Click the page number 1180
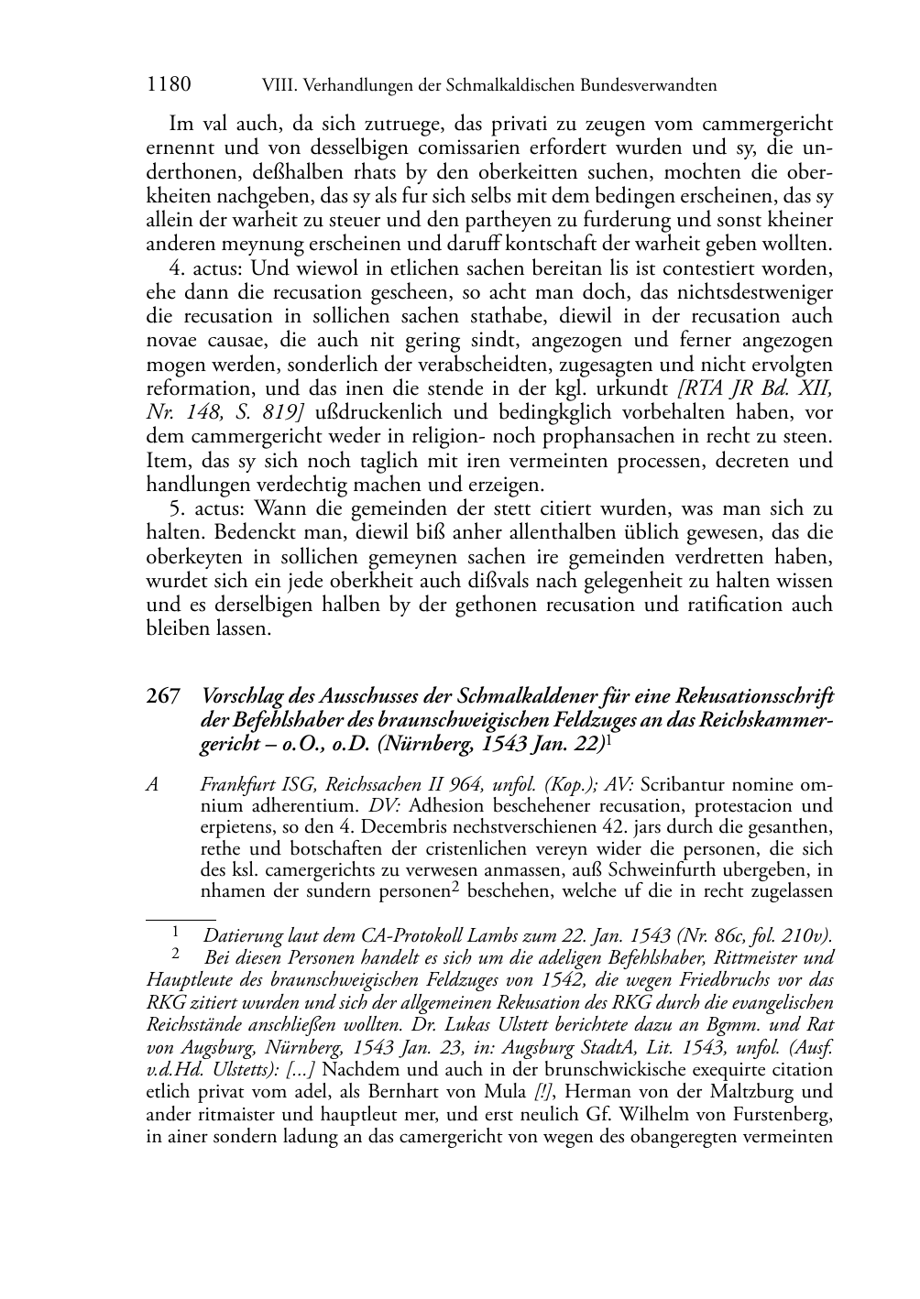pyautogui.click(x=169, y=85)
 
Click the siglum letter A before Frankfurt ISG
pyautogui.click(x=152, y=787)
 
